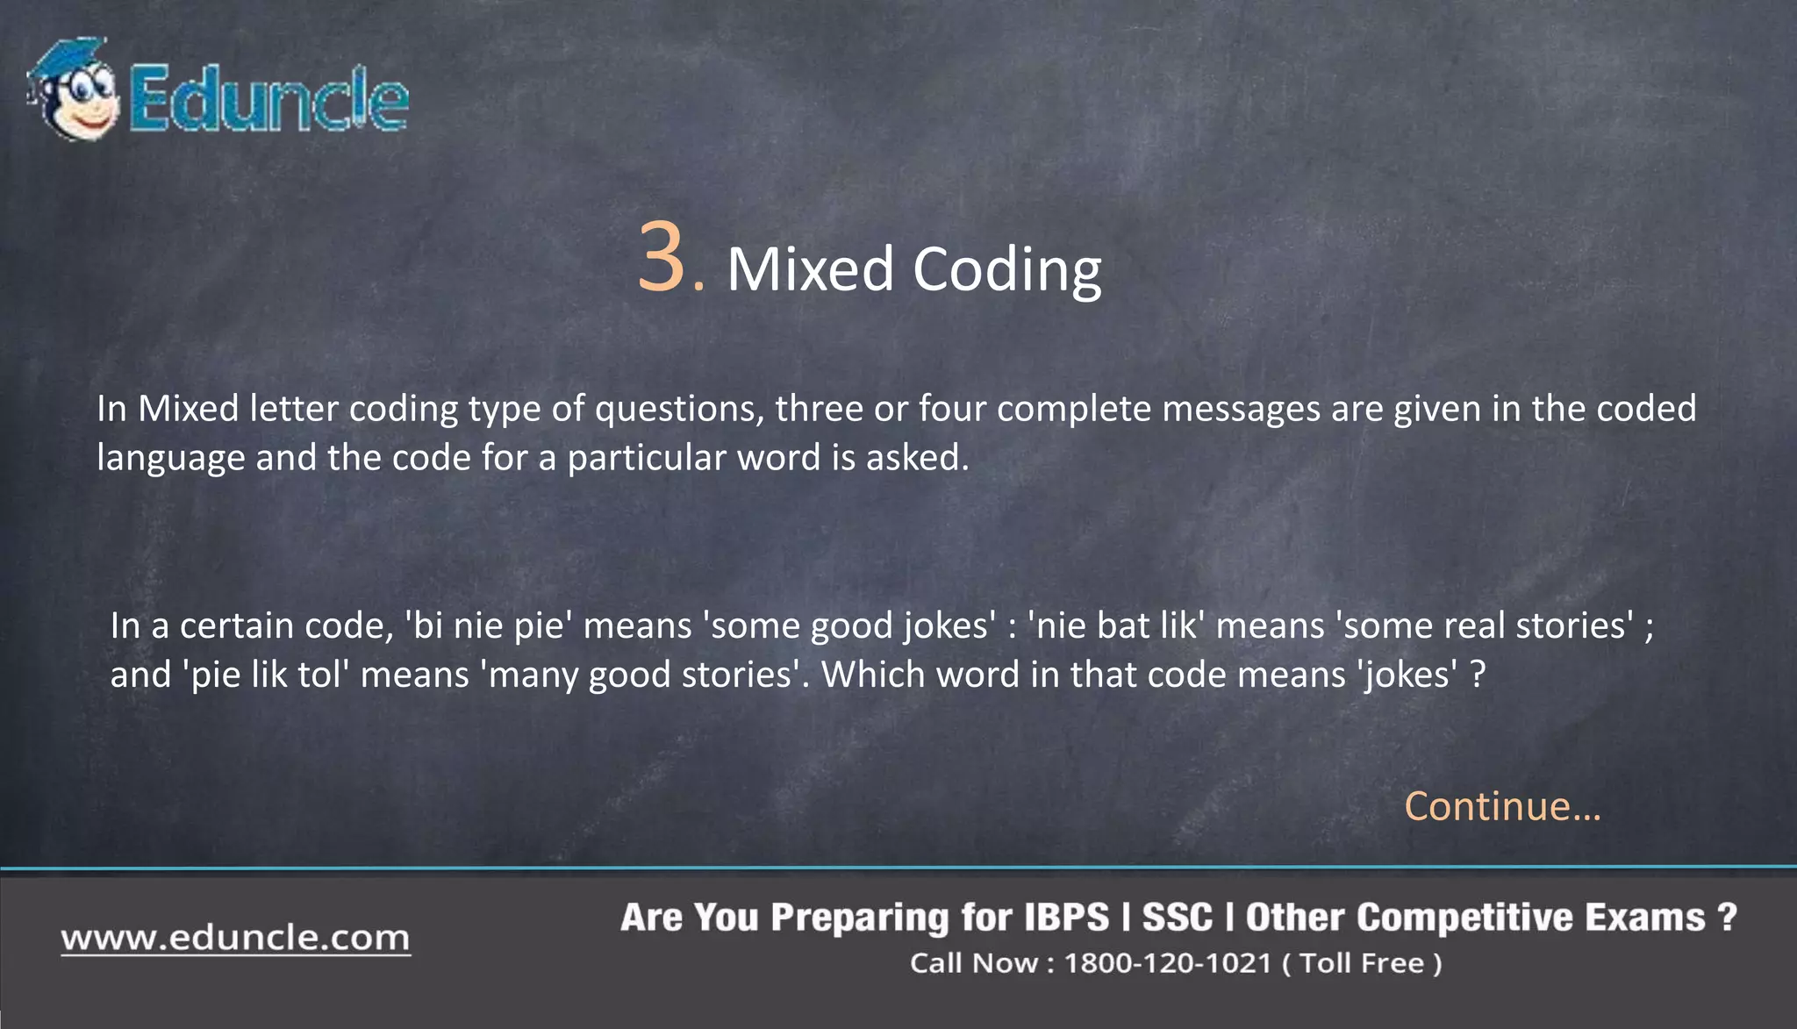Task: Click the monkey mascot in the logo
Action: click(x=75, y=90)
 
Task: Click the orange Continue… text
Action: click(x=1502, y=805)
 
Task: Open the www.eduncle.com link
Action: click(x=235, y=938)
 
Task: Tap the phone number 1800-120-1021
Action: click(x=1167, y=963)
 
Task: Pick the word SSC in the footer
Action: click(x=1177, y=918)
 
